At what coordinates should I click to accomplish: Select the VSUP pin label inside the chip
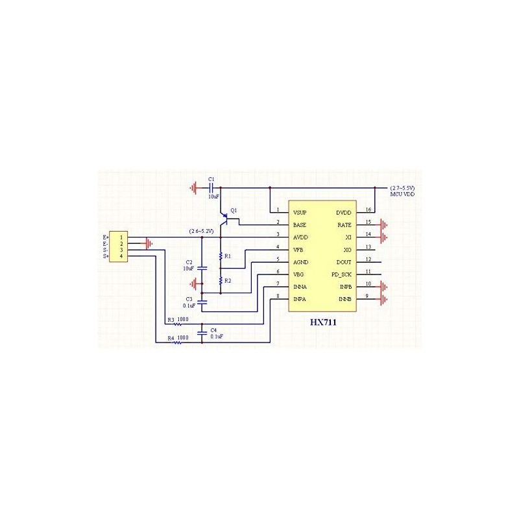[x=300, y=212]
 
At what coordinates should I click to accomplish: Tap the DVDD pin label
[x=344, y=212]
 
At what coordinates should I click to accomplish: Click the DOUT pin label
[x=344, y=262]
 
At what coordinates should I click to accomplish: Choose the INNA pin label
[x=300, y=287]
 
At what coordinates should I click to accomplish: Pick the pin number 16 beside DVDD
[x=368, y=210]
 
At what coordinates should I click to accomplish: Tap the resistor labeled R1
[x=221, y=257]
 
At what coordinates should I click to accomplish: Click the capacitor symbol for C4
[x=202, y=332]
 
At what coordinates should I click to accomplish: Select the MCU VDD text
[x=402, y=194]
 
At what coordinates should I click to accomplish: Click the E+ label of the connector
[x=106, y=237]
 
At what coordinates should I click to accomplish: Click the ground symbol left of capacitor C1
[x=194, y=188]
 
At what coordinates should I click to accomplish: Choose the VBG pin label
[x=299, y=274]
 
